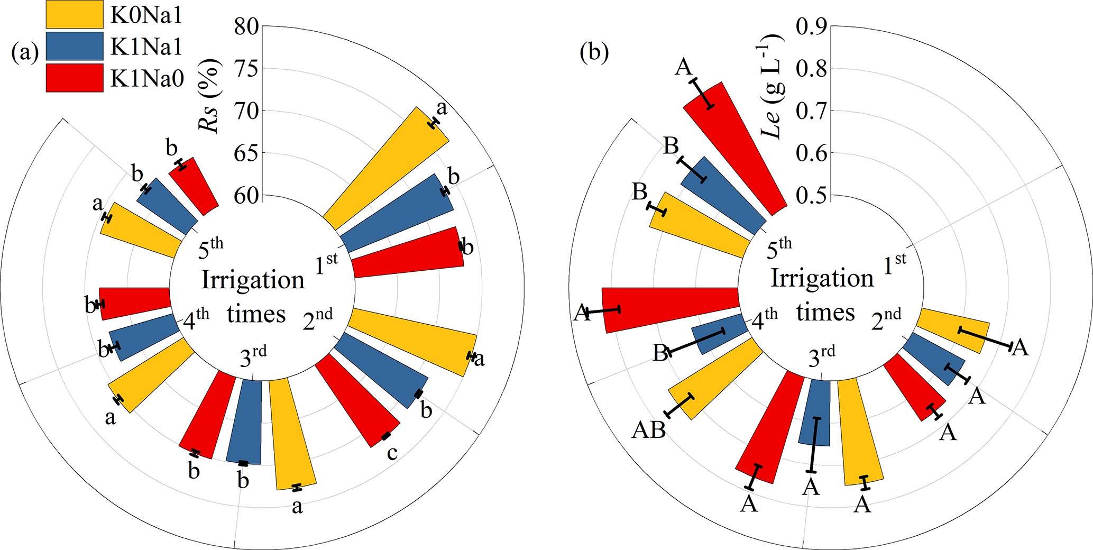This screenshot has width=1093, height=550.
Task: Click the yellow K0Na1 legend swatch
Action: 74,14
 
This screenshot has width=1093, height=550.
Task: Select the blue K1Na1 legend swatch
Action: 74,46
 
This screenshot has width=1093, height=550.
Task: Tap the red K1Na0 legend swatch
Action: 74,78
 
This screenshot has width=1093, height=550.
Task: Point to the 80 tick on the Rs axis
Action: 246,26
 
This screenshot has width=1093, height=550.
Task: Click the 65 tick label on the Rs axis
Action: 246,153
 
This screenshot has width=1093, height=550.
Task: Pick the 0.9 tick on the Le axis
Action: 811,26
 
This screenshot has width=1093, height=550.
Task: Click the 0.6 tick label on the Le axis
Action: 811,153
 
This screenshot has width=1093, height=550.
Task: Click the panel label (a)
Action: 25,53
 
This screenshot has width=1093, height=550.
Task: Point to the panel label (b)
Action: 594,53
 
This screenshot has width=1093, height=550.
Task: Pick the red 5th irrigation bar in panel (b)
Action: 735,148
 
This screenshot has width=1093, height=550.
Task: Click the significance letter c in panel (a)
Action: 392,453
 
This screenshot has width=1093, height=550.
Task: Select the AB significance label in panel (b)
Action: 649,430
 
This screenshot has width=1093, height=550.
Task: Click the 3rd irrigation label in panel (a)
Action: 253,357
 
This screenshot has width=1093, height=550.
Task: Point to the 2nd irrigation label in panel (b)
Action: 886,320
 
